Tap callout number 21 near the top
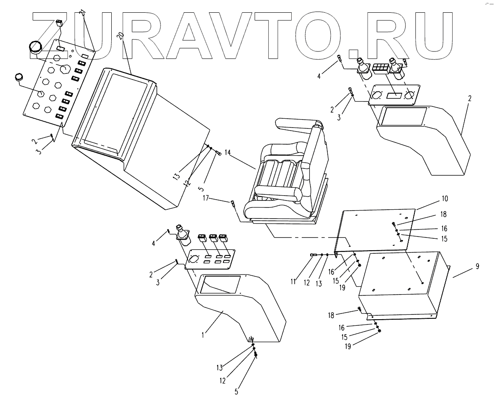[82, 13]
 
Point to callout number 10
[444, 199]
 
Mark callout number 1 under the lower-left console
[203, 335]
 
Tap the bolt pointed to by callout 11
[314, 255]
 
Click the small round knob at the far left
[19, 77]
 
